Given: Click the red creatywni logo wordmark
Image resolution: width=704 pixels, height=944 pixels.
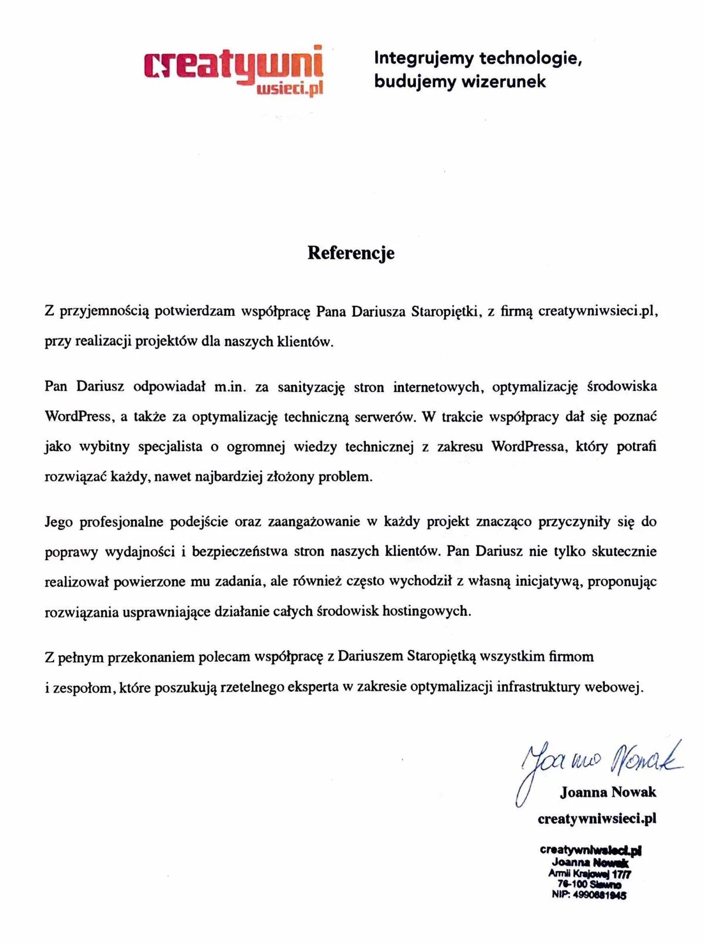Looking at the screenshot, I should (233, 66).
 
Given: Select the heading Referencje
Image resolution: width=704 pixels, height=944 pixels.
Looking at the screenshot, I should (351, 253).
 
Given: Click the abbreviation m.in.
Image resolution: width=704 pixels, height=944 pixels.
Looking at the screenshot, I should (229, 387).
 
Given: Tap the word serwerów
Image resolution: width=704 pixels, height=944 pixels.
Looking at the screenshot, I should (384, 417).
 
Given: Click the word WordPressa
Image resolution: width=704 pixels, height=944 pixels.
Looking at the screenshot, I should (529, 447).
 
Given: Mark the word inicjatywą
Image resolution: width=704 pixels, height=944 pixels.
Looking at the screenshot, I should (541, 582).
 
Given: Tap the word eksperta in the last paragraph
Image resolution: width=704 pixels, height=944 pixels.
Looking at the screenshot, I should (313, 687).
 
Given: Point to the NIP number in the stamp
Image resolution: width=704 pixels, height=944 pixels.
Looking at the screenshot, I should (588, 895).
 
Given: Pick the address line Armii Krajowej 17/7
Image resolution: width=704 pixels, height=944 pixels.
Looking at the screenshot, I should (589, 874).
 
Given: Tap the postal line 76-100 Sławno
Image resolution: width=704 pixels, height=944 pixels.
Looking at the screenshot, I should (589, 884).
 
